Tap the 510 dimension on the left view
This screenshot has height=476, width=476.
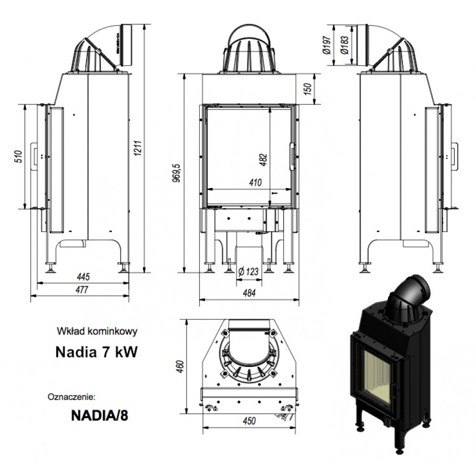coord(18,158)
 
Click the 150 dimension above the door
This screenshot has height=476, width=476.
coord(307,88)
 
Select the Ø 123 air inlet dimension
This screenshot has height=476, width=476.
coord(247,272)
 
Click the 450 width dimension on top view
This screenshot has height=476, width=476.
coord(249,420)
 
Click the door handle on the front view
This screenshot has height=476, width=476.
coord(292,156)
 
